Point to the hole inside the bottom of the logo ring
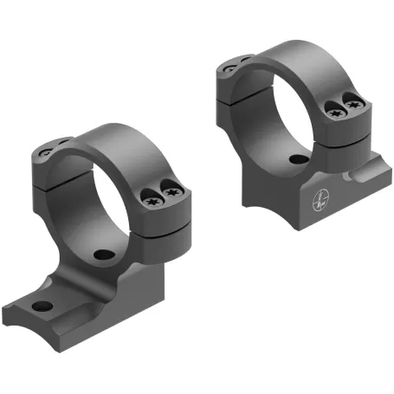[x=298, y=159]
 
